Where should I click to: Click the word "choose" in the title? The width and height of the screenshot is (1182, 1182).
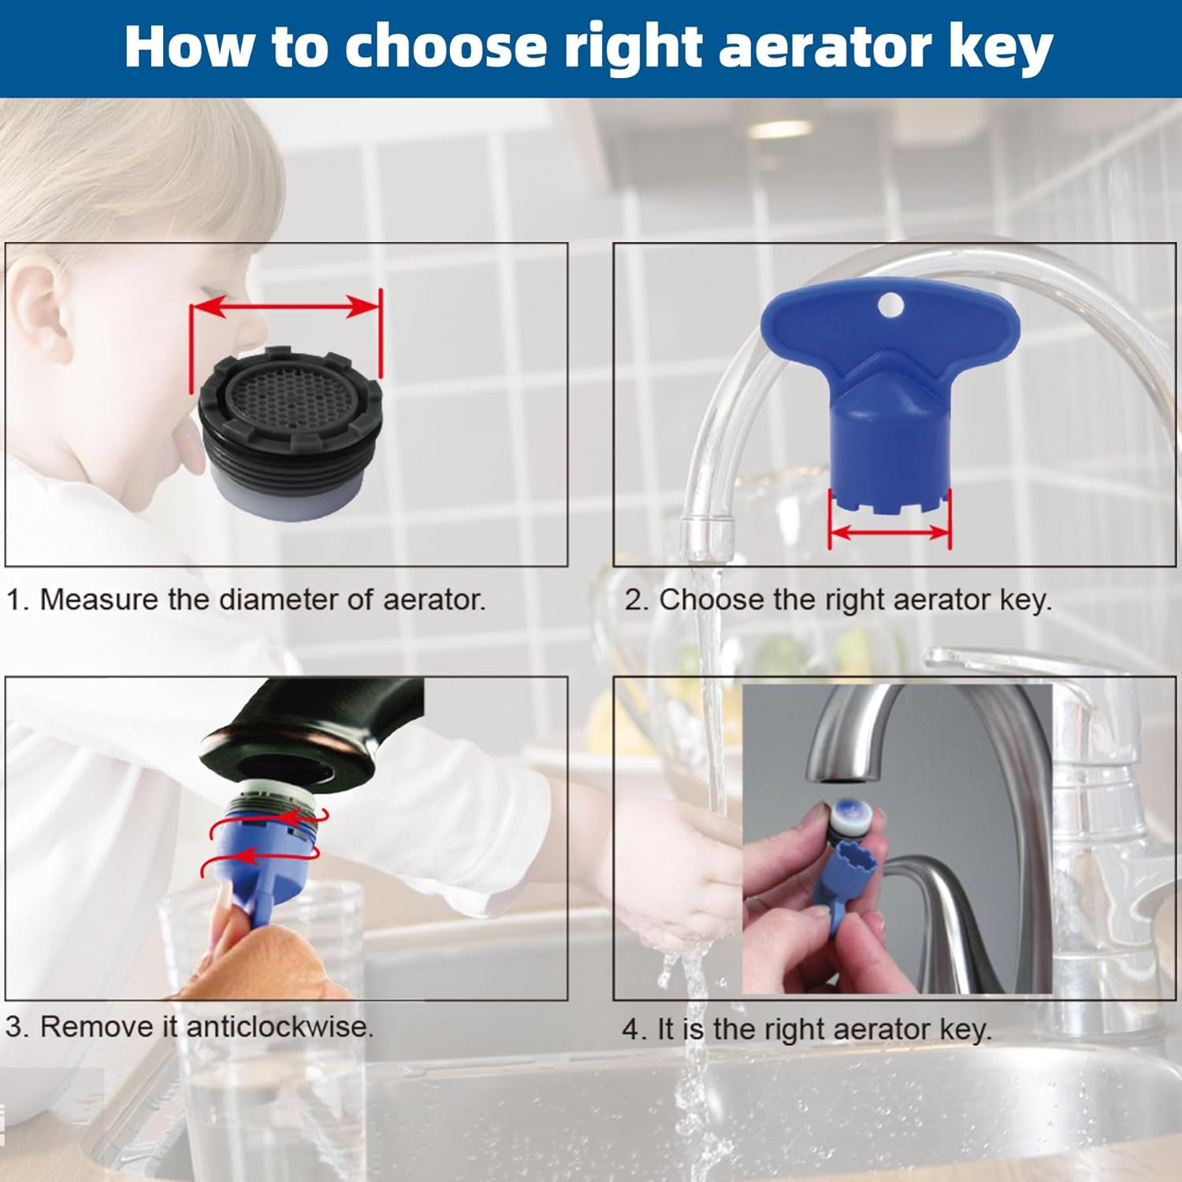click(447, 46)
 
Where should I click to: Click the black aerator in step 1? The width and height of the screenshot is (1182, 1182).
click(288, 433)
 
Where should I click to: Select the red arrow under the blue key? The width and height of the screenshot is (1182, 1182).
click(890, 533)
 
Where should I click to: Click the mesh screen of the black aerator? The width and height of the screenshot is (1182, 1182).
click(288, 401)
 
